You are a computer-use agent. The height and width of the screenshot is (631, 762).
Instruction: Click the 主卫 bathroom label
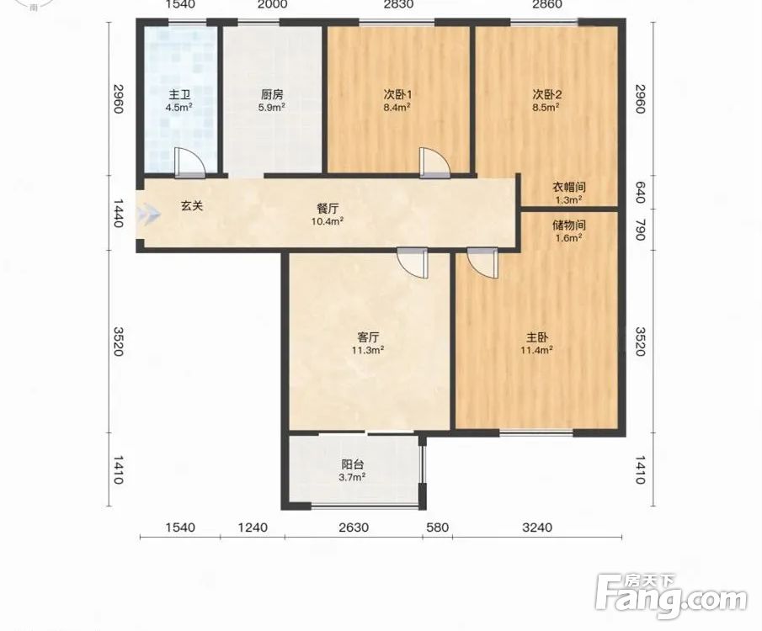pyautogui.click(x=179, y=94)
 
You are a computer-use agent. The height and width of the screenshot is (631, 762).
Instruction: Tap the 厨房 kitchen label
pyautogui.click(x=272, y=94)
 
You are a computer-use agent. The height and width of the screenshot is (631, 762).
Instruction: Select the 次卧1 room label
pyautogui.click(x=397, y=94)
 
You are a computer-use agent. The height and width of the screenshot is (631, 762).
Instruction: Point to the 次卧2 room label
pyautogui.click(x=546, y=94)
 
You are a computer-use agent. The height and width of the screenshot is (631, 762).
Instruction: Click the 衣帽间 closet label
pyautogui.click(x=568, y=187)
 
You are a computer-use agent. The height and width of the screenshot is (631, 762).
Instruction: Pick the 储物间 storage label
pyautogui.click(x=568, y=225)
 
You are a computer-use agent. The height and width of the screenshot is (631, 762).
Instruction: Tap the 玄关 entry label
pyautogui.click(x=192, y=206)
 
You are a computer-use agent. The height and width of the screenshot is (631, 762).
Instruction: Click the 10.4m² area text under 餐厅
pyautogui.click(x=328, y=221)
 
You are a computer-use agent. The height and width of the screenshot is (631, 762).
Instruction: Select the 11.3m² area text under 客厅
pyautogui.click(x=368, y=350)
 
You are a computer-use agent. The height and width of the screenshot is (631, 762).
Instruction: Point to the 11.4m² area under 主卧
pyautogui.click(x=536, y=350)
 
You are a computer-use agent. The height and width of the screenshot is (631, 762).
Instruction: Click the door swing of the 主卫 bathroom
pyautogui.click(x=190, y=162)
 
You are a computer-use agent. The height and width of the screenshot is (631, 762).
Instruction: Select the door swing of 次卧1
pyautogui.click(x=434, y=162)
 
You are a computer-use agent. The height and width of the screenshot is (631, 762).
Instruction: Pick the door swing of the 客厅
pyautogui.click(x=412, y=263)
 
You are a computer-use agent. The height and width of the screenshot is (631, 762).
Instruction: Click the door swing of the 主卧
pyautogui.click(x=482, y=262)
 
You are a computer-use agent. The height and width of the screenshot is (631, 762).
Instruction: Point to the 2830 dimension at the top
pyautogui.click(x=398, y=4)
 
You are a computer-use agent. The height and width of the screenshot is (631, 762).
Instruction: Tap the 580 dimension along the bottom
pyautogui.click(x=437, y=527)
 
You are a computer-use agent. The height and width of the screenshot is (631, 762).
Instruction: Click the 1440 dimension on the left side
pyautogui.click(x=118, y=213)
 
